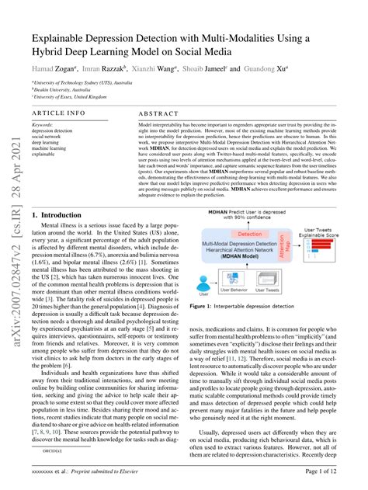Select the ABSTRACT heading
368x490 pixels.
point(161,112)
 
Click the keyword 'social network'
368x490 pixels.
point(49,135)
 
